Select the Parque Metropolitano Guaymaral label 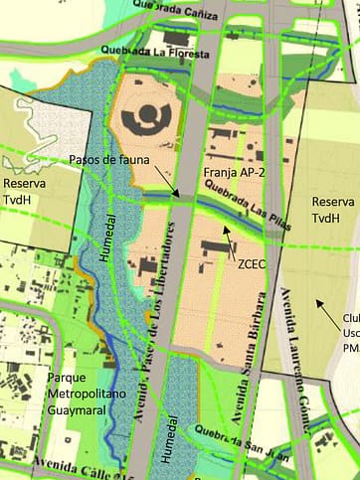89,393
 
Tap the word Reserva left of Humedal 24,184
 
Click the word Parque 67,378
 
